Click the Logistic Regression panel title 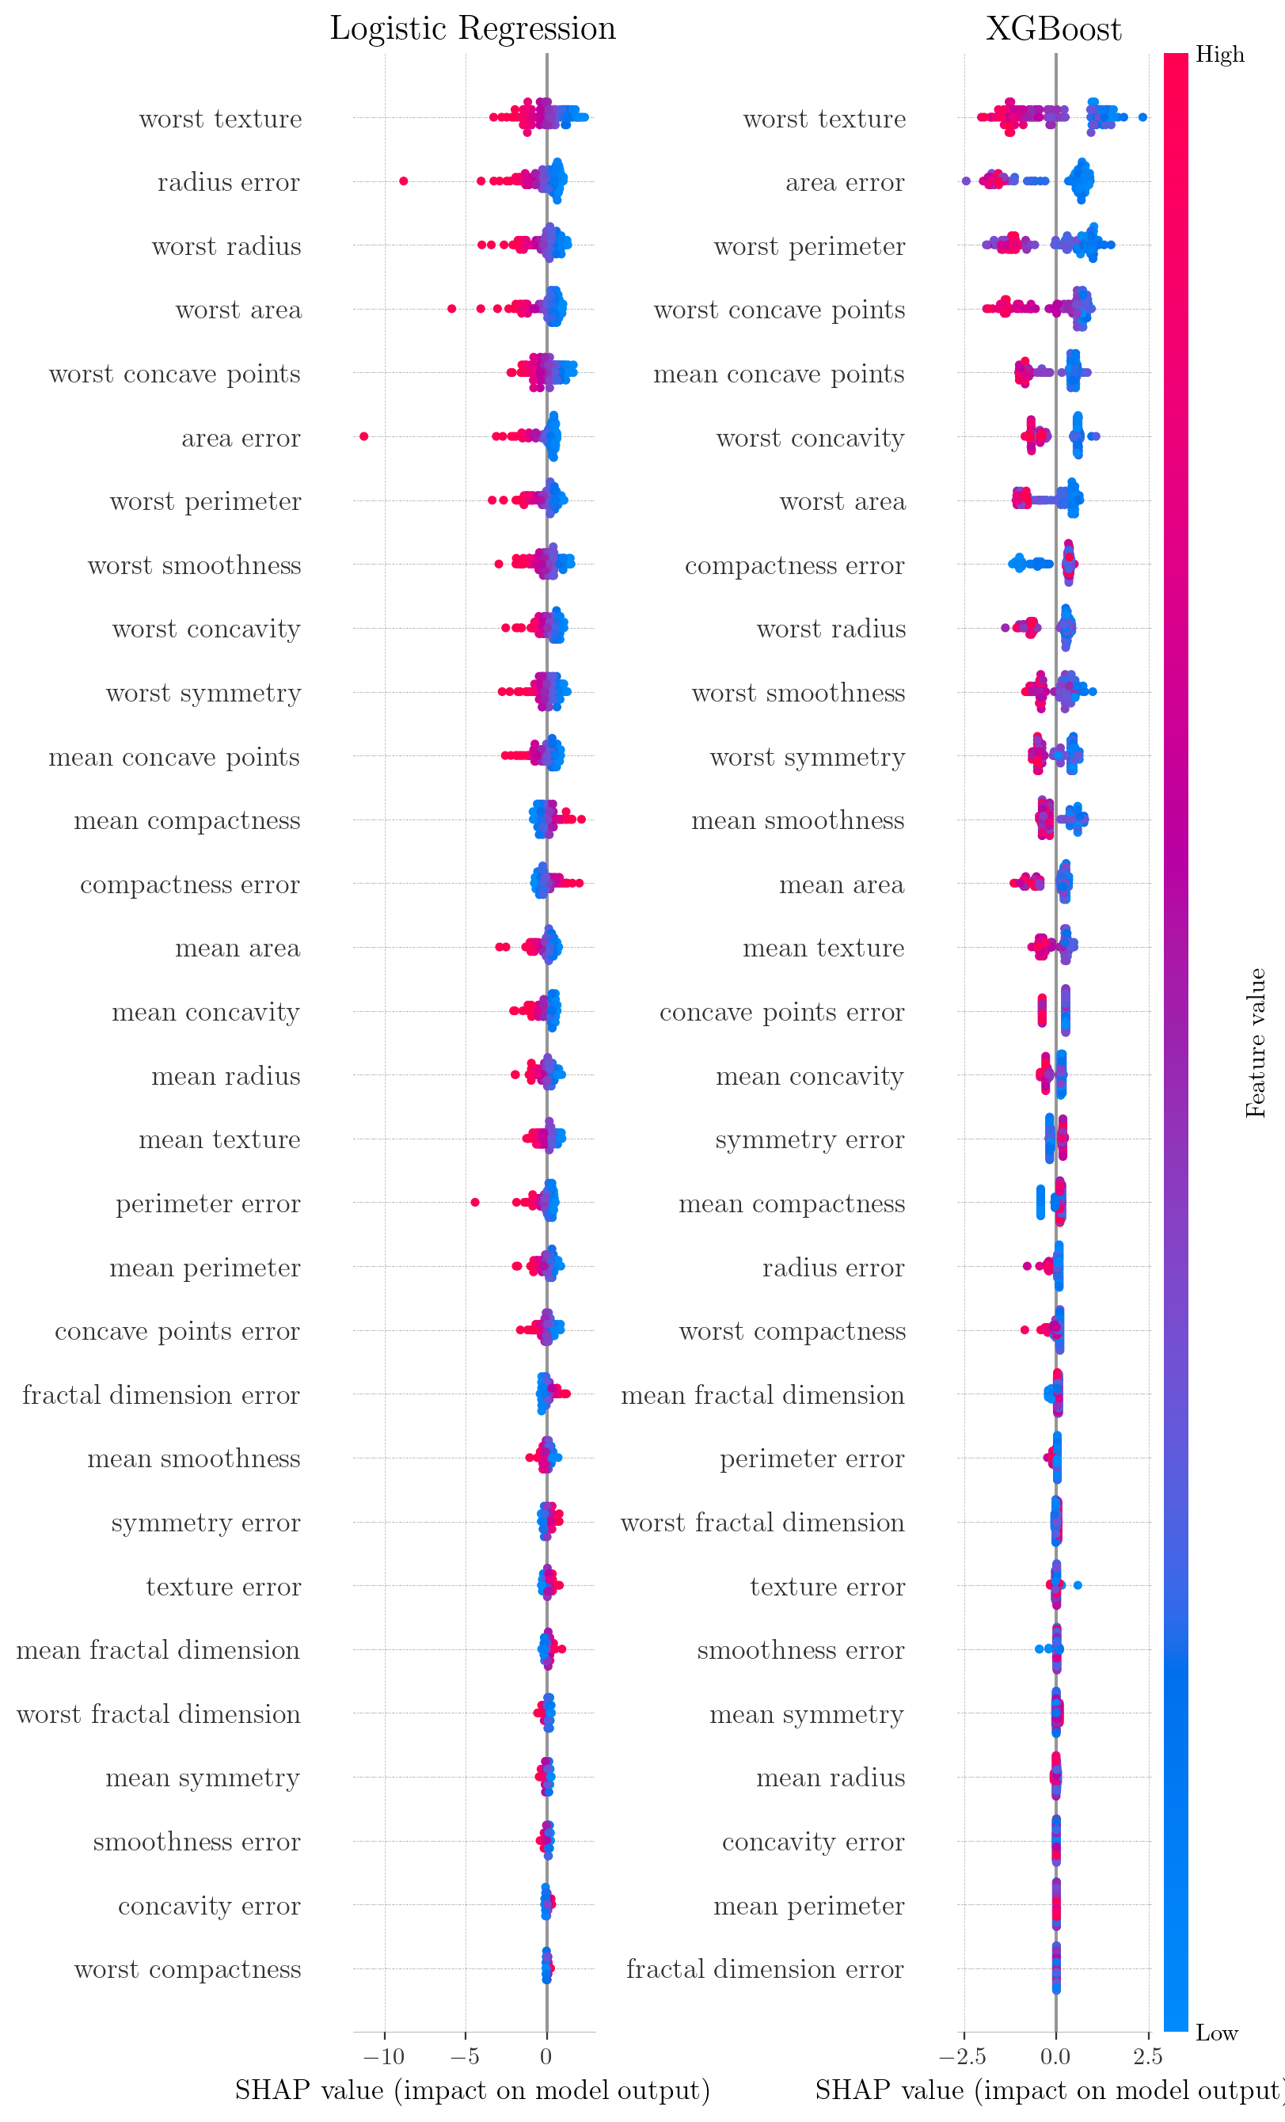tap(473, 29)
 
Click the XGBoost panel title tap(1053, 29)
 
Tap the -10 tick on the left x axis tap(383, 2056)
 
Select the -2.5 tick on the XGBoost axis tap(962, 2056)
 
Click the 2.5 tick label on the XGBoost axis tap(1148, 2056)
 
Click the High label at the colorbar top tap(1219, 55)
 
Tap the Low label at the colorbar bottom tap(1216, 2033)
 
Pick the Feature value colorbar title tap(1256, 1043)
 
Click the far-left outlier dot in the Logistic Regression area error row tap(363, 436)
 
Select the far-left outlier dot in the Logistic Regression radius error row tap(403, 181)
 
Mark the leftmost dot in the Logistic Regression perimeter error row tap(474, 1201)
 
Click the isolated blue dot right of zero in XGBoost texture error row tap(1078, 1584)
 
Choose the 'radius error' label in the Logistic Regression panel tap(228, 183)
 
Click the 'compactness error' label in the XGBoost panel tap(794, 566)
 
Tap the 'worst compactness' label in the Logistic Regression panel tap(187, 1968)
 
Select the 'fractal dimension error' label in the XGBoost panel tap(765, 1968)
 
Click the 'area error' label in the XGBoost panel tap(844, 183)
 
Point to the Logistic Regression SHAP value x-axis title tap(472, 2090)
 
